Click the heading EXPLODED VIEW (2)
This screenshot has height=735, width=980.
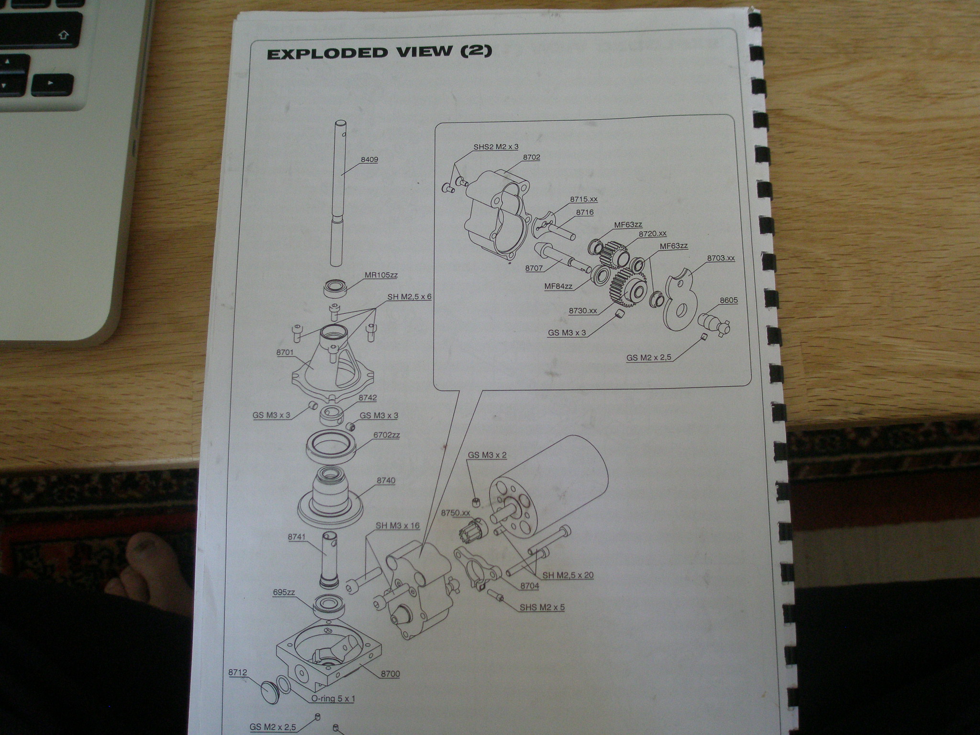pos(379,52)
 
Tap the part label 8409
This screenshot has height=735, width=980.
pos(368,159)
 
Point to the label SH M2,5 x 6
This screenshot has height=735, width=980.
pos(409,296)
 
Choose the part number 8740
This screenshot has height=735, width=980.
pos(386,480)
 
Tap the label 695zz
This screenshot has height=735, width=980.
pos(284,592)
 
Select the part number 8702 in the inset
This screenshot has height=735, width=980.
pos(532,157)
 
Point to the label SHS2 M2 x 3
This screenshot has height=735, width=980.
pos(496,146)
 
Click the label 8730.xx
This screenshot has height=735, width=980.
pos(583,311)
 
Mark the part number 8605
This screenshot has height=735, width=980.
pos(728,301)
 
